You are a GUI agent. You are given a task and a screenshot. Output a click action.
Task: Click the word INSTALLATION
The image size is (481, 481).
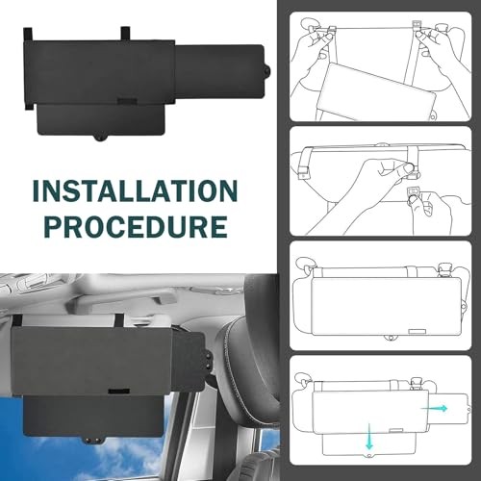click(x=135, y=190)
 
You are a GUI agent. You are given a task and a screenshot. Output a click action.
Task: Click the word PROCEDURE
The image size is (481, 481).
click(x=136, y=226)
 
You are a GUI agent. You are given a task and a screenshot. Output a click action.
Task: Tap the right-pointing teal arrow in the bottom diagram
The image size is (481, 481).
click(x=434, y=408)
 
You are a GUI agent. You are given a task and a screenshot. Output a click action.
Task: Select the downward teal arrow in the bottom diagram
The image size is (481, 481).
click(x=369, y=437)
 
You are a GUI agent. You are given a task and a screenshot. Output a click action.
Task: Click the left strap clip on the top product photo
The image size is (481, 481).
click(x=28, y=35)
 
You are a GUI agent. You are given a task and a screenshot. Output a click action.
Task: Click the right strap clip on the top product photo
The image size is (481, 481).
click(x=125, y=34)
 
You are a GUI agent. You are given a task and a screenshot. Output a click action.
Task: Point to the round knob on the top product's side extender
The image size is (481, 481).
click(x=266, y=70)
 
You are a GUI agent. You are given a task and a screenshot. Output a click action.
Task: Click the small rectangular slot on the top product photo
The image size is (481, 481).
click(x=127, y=102)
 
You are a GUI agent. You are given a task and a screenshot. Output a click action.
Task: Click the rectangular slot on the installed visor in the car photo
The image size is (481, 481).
click(x=118, y=392)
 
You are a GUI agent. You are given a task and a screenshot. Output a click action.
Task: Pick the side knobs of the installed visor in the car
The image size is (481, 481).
click(x=209, y=361)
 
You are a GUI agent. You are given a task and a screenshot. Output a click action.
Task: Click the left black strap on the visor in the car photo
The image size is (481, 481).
click(x=17, y=320)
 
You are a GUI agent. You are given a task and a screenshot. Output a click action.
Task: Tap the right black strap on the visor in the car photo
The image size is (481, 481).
click(x=119, y=319)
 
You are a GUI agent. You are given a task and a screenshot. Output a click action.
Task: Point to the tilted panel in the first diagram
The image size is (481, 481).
click(x=377, y=91)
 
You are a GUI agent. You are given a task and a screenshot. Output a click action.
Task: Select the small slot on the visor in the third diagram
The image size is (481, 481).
click(x=418, y=332)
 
